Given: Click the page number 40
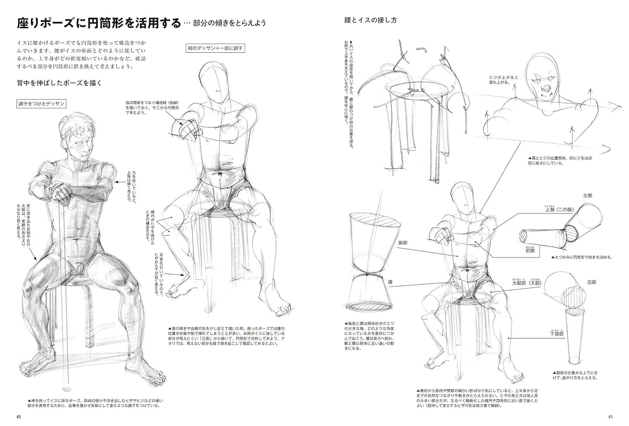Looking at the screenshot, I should pyautogui.click(x=18, y=417).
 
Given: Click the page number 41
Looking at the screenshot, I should pyautogui.click(x=610, y=417).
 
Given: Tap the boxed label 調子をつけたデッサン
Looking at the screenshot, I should pyautogui.click(x=41, y=103).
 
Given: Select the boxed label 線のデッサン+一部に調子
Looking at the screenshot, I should pyautogui.click(x=215, y=48).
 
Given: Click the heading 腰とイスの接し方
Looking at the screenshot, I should pyautogui.click(x=370, y=20).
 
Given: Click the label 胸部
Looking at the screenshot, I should pyautogui.click(x=403, y=243).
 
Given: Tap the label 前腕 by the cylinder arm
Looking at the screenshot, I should pyautogui.click(x=530, y=250).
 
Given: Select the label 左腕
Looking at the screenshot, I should pyautogui.click(x=587, y=195).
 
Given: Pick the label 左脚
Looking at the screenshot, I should pyautogui.click(x=591, y=282).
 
